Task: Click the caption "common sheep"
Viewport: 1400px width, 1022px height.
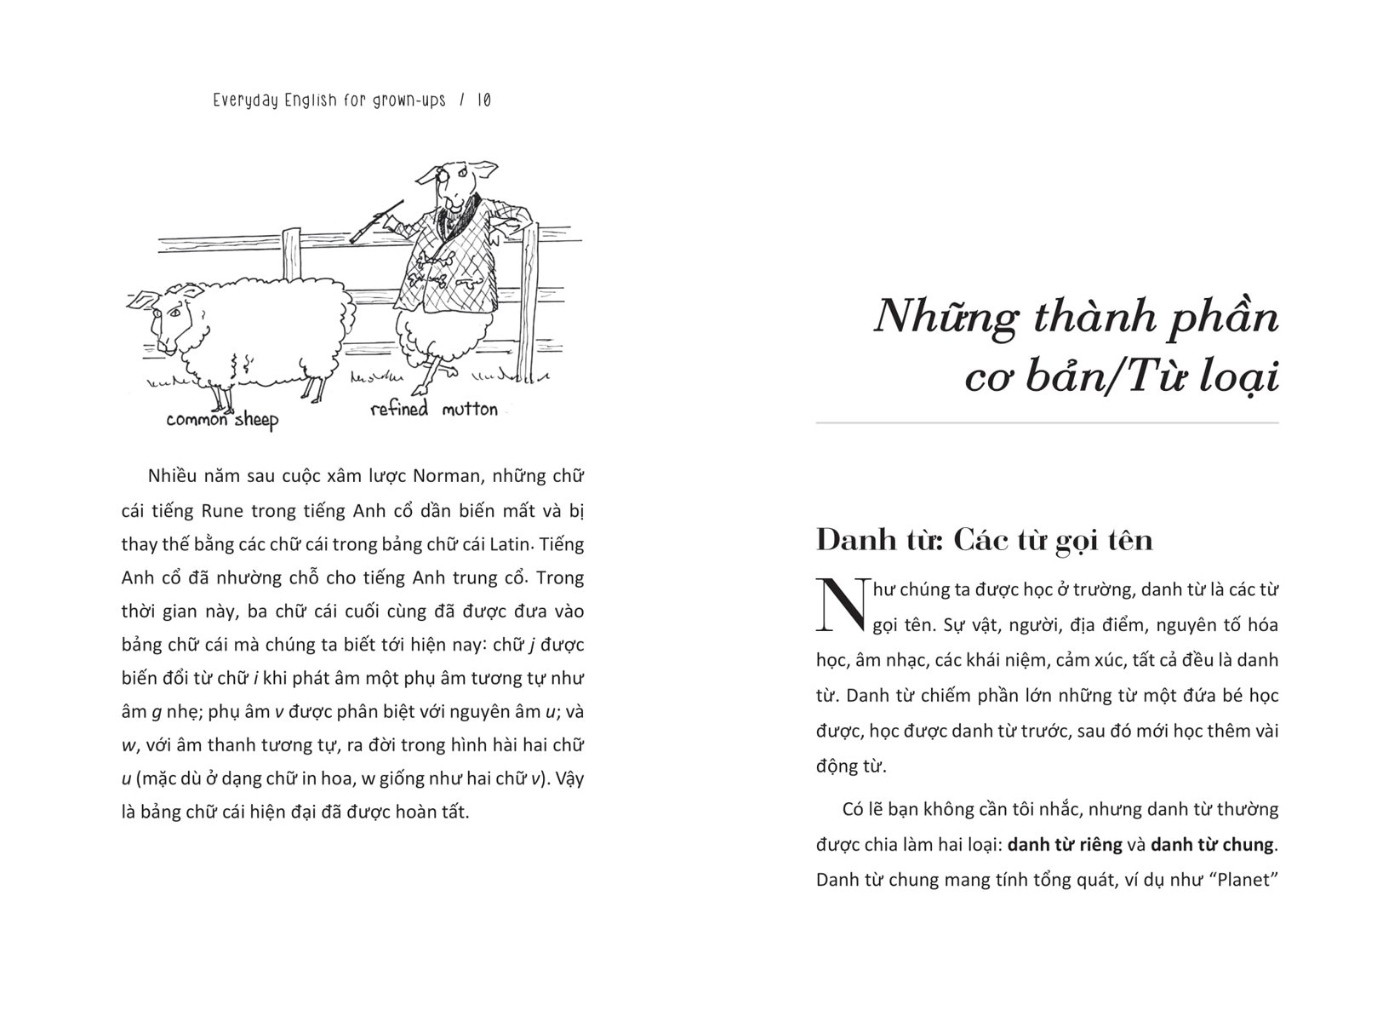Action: click(x=221, y=419)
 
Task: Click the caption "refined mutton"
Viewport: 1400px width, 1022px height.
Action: click(x=434, y=410)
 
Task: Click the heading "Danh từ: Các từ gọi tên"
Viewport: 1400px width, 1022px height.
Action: click(x=984, y=540)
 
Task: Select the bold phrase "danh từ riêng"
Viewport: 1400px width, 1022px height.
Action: click(x=1065, y=845)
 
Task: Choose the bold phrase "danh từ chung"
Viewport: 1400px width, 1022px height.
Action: click(x=1212, y=845)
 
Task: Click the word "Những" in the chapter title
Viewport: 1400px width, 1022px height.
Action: click(x=946, y=318)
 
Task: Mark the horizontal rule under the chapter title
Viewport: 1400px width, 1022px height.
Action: click(x=1047, y=423)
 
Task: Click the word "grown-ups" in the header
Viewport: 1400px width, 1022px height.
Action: click(x=407, y=100)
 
